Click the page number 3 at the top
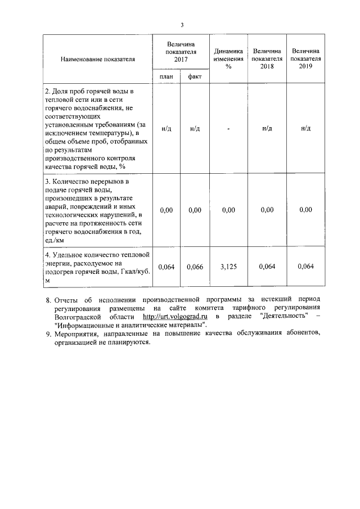point(182,24)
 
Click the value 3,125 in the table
point(228,266)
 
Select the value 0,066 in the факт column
point(195,266)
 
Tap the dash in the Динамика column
point(228,128)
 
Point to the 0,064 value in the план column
point(166,266)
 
